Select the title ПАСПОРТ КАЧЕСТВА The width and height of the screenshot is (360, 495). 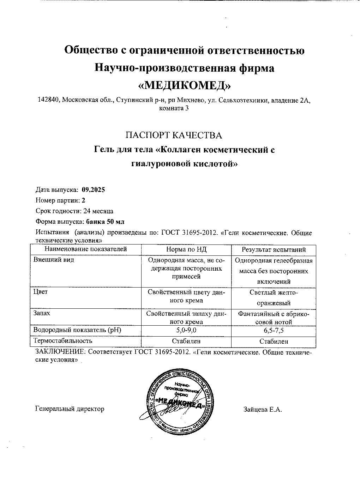click(174, 135)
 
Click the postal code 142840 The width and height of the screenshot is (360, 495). click(49, 100)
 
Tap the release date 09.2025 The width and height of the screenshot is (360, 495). click(93, 190)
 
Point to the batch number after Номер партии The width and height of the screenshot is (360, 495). click(83, 200)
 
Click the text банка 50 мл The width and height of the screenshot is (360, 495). click(105, 222)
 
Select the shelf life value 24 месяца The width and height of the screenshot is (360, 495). click(98, 211)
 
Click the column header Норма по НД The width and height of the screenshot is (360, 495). click(186, 249)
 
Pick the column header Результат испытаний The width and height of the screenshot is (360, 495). click(274, 250)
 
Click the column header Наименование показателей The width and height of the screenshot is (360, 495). click(85, 249)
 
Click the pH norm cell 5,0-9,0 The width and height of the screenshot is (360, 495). click(186, 331)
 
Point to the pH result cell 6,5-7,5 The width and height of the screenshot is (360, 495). click(274, 331)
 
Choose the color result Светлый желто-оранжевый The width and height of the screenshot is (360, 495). click(274, 297)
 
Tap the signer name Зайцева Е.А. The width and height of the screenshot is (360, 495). click(262, 410)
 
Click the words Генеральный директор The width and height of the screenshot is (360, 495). click(70, 409)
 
